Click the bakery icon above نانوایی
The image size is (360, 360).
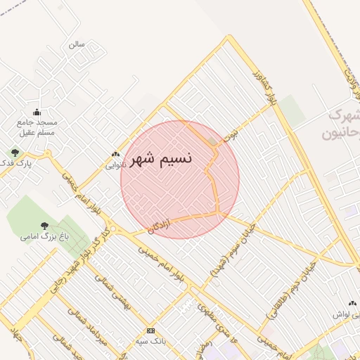tap(116, 155)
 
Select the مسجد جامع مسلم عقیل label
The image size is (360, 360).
tap(37, 127)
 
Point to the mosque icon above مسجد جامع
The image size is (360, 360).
tap(37, 112)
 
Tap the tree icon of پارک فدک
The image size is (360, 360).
tap(14, 152)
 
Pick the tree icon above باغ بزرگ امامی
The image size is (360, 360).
tap(45, 226)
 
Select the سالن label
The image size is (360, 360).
tap(77, 44)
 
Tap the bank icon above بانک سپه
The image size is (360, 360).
tap(150, 330)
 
